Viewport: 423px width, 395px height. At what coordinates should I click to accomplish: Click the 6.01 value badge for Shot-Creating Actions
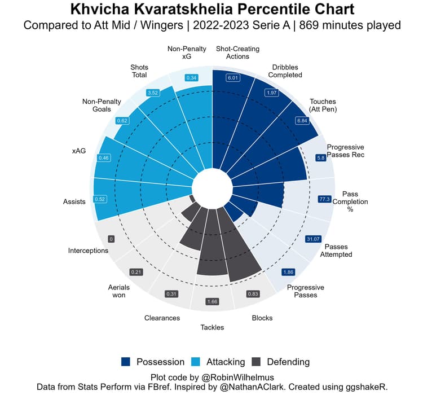tap(232, 78)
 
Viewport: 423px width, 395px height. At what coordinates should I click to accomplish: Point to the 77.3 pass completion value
tap(324, 199)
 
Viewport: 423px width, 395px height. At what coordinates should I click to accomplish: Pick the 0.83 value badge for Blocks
tap(253, 294)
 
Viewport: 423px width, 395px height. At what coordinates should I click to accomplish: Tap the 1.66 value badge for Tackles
tap(212, 301)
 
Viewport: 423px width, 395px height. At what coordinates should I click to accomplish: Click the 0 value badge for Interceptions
tap(111, 239)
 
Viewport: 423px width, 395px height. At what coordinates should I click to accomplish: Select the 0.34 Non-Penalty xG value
tap(192, 78)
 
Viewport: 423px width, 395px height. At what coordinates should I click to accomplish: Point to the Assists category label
tap(74, 201)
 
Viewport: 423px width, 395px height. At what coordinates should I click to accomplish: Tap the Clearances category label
tap(162, 318)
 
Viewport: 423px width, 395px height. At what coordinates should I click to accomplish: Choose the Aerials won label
tap(118, 291)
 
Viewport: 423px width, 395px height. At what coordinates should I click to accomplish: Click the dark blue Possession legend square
tap(126, 362)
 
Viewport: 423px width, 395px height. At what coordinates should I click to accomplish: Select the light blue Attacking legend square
tap(198, 362)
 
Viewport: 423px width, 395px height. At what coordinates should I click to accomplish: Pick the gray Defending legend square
tap(257, 362)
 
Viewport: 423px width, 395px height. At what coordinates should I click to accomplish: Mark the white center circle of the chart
tap(212, 187)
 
